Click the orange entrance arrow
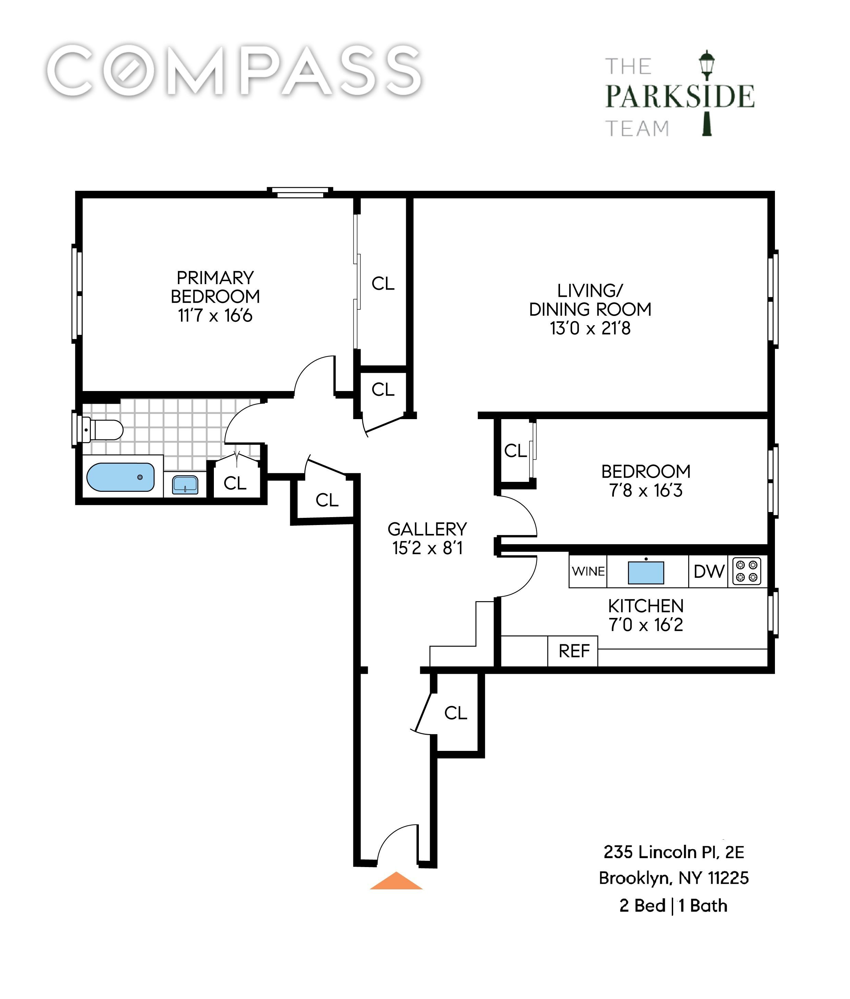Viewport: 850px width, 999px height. (396, 880)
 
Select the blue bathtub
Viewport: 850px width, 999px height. (120, 477)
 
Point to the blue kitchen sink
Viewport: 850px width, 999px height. (646, 573)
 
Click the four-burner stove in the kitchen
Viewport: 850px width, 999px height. (747, 571)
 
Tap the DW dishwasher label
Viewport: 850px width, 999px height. (709, 572)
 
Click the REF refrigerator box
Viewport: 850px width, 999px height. (573, 651)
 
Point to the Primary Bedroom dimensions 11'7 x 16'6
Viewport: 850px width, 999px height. (215, 316)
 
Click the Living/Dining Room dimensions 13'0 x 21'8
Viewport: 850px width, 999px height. (590, 328)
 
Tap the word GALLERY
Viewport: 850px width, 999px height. (427, 529)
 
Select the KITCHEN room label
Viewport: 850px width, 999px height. (646, 606)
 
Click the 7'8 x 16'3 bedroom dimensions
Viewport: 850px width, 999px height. (646, 490)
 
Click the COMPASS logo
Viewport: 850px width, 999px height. (235, 71)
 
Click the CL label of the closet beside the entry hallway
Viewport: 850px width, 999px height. (456, 713)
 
